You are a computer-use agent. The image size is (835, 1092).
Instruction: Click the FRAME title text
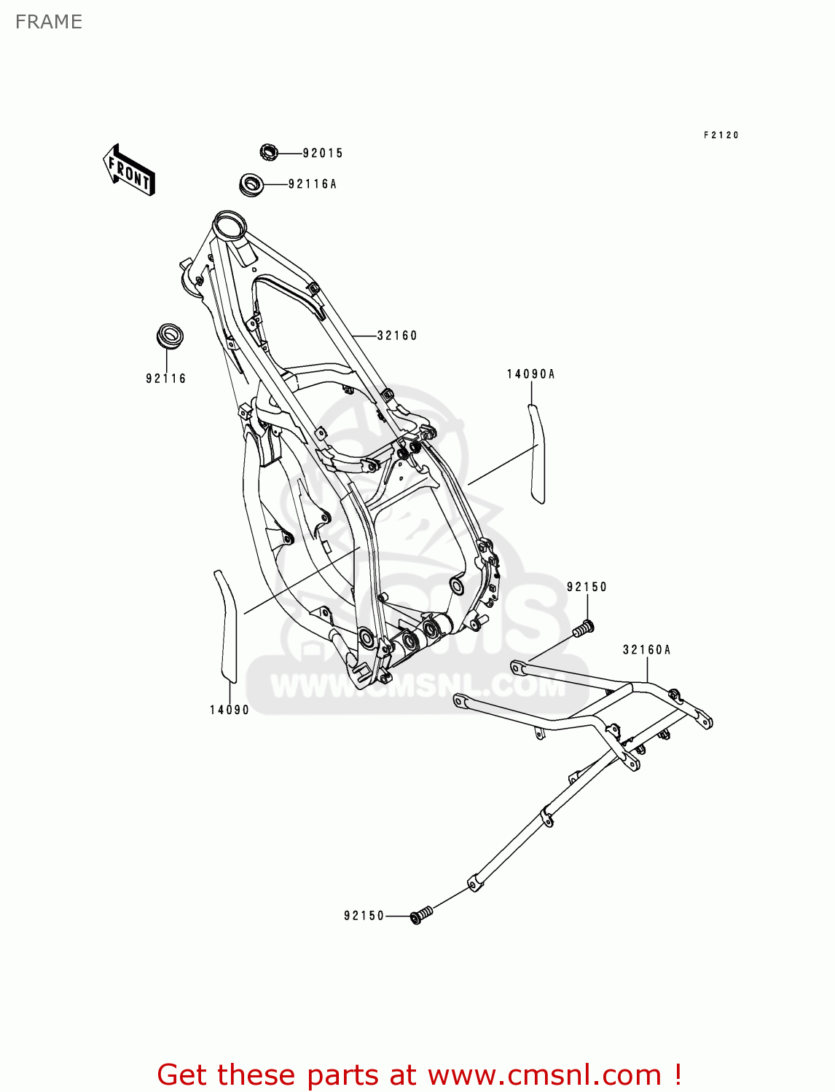[49, 22]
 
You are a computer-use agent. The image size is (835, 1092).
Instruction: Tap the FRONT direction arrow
[129, 170]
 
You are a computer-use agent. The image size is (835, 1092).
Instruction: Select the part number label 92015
[323, 153]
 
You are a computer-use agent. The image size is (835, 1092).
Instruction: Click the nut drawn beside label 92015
[269, 152]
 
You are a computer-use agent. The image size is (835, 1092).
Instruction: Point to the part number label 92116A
[313, 184]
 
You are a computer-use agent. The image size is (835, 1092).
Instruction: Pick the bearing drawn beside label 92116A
[251, 183]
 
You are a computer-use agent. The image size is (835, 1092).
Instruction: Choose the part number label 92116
[166, 379]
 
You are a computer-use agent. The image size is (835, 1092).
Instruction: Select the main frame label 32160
[397, 336]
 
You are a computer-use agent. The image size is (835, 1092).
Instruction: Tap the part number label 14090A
[531, 374]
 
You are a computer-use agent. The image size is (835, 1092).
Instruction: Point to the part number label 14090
[230, 710]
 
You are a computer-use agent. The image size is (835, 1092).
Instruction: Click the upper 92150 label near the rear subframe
[587, 587]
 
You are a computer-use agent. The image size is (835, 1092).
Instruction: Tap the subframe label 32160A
[646, 649]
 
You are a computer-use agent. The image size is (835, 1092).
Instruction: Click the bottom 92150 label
[364, 916]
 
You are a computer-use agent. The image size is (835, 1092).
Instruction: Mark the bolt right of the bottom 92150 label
[421, 914]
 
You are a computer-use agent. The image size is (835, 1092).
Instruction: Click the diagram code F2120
[721, 135]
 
